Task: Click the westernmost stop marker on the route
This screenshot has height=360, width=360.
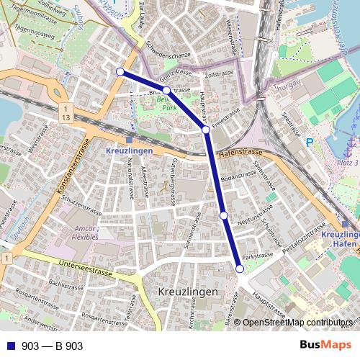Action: (120, 71)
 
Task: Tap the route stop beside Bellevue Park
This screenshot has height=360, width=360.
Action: (166, 90)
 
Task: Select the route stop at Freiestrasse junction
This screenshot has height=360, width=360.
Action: (206, 130)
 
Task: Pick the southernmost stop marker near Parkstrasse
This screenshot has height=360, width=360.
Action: (240, 269)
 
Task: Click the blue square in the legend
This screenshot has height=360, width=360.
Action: (11, 346)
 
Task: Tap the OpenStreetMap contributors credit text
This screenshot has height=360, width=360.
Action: (297, 323)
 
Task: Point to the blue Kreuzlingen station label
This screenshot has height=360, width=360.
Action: (129, 151)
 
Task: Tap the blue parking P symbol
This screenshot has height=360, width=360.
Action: (310, 143)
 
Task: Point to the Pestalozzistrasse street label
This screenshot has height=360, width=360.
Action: (308, 240)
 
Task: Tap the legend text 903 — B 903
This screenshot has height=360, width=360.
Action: (52, 346)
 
